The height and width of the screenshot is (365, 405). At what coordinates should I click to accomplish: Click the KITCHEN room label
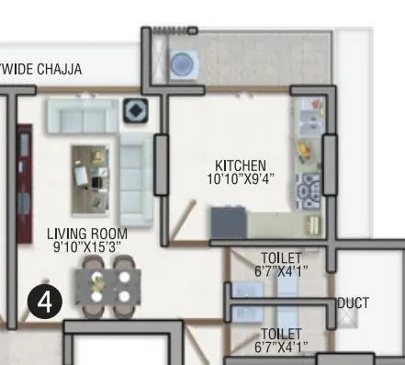pos(241,166)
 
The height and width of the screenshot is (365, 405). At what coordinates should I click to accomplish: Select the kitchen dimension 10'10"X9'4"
pos(241,179)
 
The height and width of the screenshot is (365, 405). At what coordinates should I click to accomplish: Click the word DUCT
pos(354,302)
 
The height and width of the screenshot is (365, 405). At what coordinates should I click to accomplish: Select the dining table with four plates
pos(108,284)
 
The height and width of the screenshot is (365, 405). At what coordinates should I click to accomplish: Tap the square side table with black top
pos(137,109)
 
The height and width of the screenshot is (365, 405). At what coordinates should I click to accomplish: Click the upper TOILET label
pos(280,257)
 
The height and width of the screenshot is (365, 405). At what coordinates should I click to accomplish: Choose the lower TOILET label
pos(280,333)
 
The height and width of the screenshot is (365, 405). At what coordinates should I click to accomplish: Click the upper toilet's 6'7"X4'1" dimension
pos(280,270)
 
